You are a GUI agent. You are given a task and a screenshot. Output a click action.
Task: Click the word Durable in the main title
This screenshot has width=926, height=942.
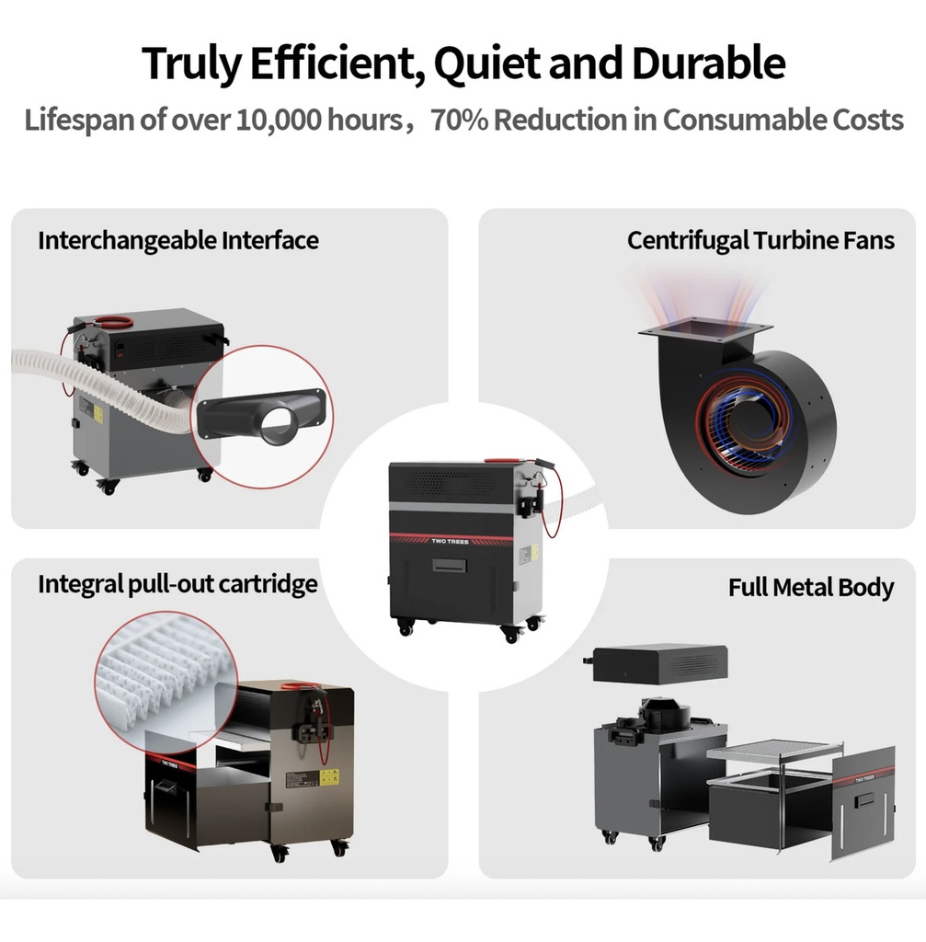[x=708, y=63]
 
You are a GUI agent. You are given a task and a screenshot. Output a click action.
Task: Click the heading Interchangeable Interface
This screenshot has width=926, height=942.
[x=178, y=240]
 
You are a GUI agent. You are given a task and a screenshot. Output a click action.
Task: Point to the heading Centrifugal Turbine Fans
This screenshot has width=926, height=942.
[x=760, y=240]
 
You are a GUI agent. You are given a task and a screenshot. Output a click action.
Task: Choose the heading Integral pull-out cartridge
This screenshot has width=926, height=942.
[x=177, y=584]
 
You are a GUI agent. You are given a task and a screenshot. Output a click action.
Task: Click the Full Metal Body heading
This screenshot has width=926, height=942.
[x=811, y=587]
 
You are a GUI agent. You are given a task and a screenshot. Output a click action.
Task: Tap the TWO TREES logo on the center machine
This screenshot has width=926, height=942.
[x=450, y=541]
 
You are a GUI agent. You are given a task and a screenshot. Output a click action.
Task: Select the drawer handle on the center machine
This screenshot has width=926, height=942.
[x=449, y=565]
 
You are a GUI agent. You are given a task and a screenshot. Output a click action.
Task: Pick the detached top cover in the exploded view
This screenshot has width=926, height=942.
[x=657, y=664]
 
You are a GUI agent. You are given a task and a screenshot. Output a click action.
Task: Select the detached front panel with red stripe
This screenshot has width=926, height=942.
[x=863, y=802]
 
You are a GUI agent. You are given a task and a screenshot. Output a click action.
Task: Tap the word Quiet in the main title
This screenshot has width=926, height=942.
[x=487, y=63]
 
